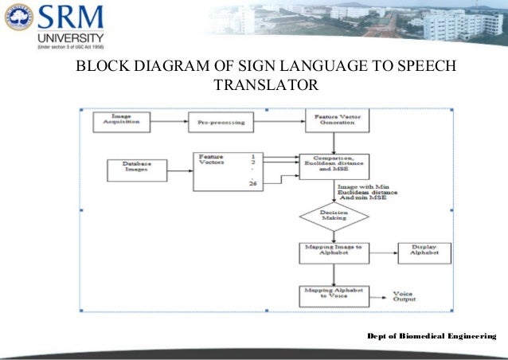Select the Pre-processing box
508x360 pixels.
(x=221, y=124)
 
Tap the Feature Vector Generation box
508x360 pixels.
(x=333, y=122)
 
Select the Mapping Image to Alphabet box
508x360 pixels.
(x=332, y=252)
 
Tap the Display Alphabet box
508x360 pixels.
(x=424, y=252)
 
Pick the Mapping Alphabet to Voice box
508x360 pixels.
(x=332, y=294)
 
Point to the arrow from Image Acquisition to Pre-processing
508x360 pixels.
(x=169, y=122)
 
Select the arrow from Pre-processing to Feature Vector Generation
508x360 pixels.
(x=279, y=122)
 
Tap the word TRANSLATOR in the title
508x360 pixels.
(x=265, y=84)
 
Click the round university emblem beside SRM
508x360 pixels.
(x=18, y=17)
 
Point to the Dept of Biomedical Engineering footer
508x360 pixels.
(x=431, y=338)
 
